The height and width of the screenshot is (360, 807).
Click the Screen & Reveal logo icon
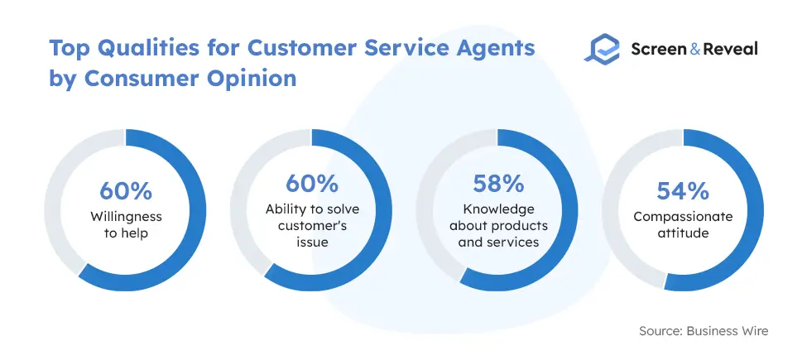click(x=603, y=49)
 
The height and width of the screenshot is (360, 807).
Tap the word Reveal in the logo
click(x=730, y=49)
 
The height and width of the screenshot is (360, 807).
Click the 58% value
click(x=498, y=185)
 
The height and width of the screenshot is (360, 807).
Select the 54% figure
click(x=683, y=191)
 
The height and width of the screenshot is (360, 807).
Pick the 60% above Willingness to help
click(x=126, y=191)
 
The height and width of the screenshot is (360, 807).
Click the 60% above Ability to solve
click(x=312, y=183)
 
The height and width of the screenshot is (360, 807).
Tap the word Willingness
click(x=126, y=217)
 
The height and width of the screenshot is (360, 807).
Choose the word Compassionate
click(x=683, y=217)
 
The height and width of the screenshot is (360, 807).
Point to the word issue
click(x=312, y=242)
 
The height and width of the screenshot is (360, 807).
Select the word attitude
click(x=683, y=233)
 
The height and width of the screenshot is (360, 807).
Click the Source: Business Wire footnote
click(x=704, y=331)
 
